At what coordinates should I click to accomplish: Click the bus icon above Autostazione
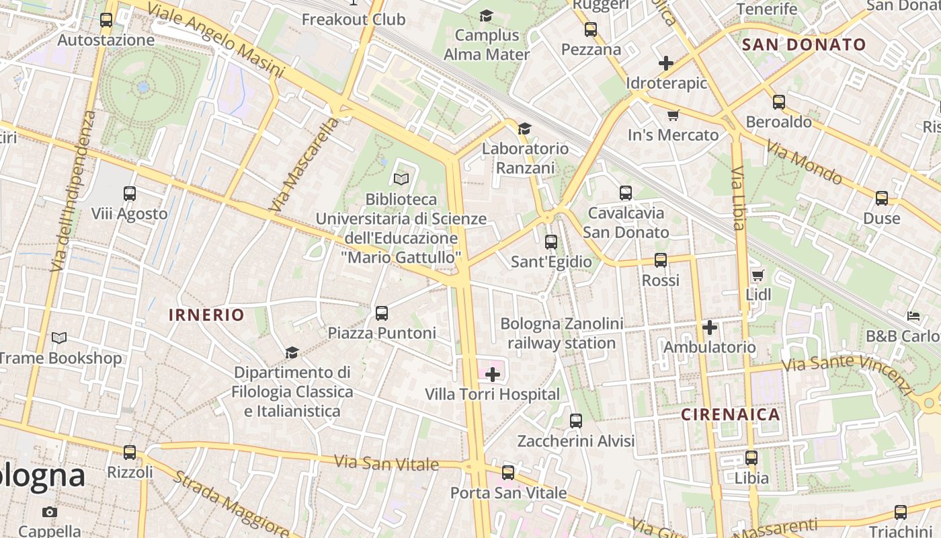pyautogui.click(x=106, y=20)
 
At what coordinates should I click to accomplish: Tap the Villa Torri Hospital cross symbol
pyautogui.click(x=493, y=375)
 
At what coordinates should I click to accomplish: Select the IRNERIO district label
pyautogui.click(x=206, y=315)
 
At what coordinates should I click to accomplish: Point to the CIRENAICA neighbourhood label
pyautogui.click(x=731, y=414)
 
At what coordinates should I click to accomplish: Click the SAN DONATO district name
pyautogui.click(x=804, y=45)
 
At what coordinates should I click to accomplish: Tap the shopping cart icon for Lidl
pyautogui.click(x=758, y=274)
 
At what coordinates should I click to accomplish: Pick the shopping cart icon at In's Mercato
pyautogui.click(x=673, y=115)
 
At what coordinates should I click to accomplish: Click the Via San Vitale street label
pyautogui.click(x=386, y=463)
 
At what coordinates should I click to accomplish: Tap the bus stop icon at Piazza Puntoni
pyautogui.click(x=382, y=313)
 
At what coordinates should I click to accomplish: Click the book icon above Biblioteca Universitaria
pyautogui.click(x=401, y=179)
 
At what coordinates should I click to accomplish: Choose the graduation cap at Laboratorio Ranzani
pyautogui.click(x=524, y=128)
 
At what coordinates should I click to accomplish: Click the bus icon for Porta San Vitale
pyautogui.click(x=508, y=472)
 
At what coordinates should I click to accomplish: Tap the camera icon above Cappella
pyautogui.click(x=49, y=512)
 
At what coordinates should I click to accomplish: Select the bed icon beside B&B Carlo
pyautogui.click(x=913, y=315)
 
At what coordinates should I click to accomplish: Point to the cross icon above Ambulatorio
pyautogui.click(x=710, y=328)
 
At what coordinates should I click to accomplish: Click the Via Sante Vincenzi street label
pyautogui.click(x=848, y=372)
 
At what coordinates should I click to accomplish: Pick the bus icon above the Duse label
pyautogui.click(x=882, y=198)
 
